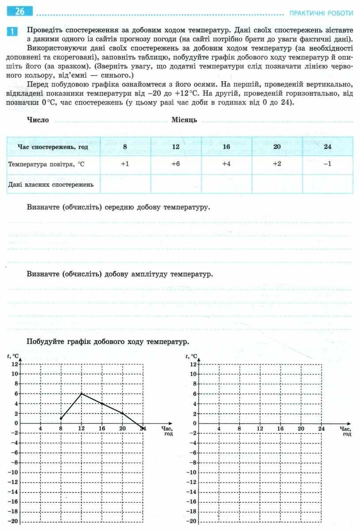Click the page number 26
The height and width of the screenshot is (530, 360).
click(x=20, y=12)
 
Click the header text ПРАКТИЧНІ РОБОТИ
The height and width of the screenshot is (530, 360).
click(x=321, y=13)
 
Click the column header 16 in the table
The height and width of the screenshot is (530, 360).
click(x=226, y=147)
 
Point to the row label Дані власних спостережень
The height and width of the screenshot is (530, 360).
click(x=51, y=184)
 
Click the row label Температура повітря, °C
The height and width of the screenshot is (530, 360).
click(x=46, y=164)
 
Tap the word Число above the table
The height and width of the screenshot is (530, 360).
click(x=38, y=120)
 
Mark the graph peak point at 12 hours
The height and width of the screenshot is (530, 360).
click(x=81, y=393)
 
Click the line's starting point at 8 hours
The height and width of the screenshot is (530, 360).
click(x=61, y=418)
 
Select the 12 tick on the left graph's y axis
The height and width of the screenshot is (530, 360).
click(x=15, y=364)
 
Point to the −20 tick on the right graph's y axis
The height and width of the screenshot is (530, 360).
click(x=192, y=522)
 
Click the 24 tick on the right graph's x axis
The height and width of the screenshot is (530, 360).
click(x=321, y=428)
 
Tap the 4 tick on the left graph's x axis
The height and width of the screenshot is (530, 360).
click(x=40, y=428)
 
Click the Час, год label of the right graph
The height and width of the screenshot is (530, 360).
click(x=345, y=431)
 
